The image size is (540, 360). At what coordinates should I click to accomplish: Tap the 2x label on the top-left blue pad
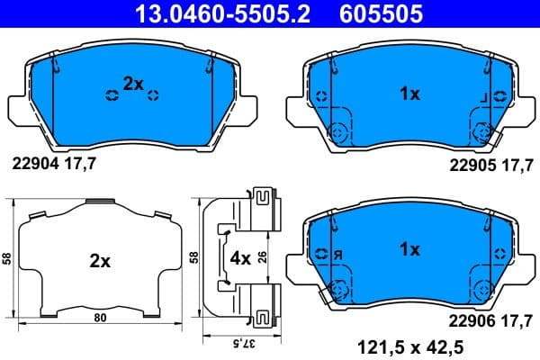point(133,84)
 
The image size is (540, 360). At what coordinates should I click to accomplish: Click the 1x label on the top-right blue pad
point(409,93)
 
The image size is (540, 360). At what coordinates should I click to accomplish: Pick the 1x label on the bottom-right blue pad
point(409,249)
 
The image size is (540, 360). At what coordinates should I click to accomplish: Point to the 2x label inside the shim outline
point(99,262)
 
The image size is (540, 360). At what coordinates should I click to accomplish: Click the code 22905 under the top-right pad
point(471,163)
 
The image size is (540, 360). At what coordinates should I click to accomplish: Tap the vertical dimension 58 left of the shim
point(8,257)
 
